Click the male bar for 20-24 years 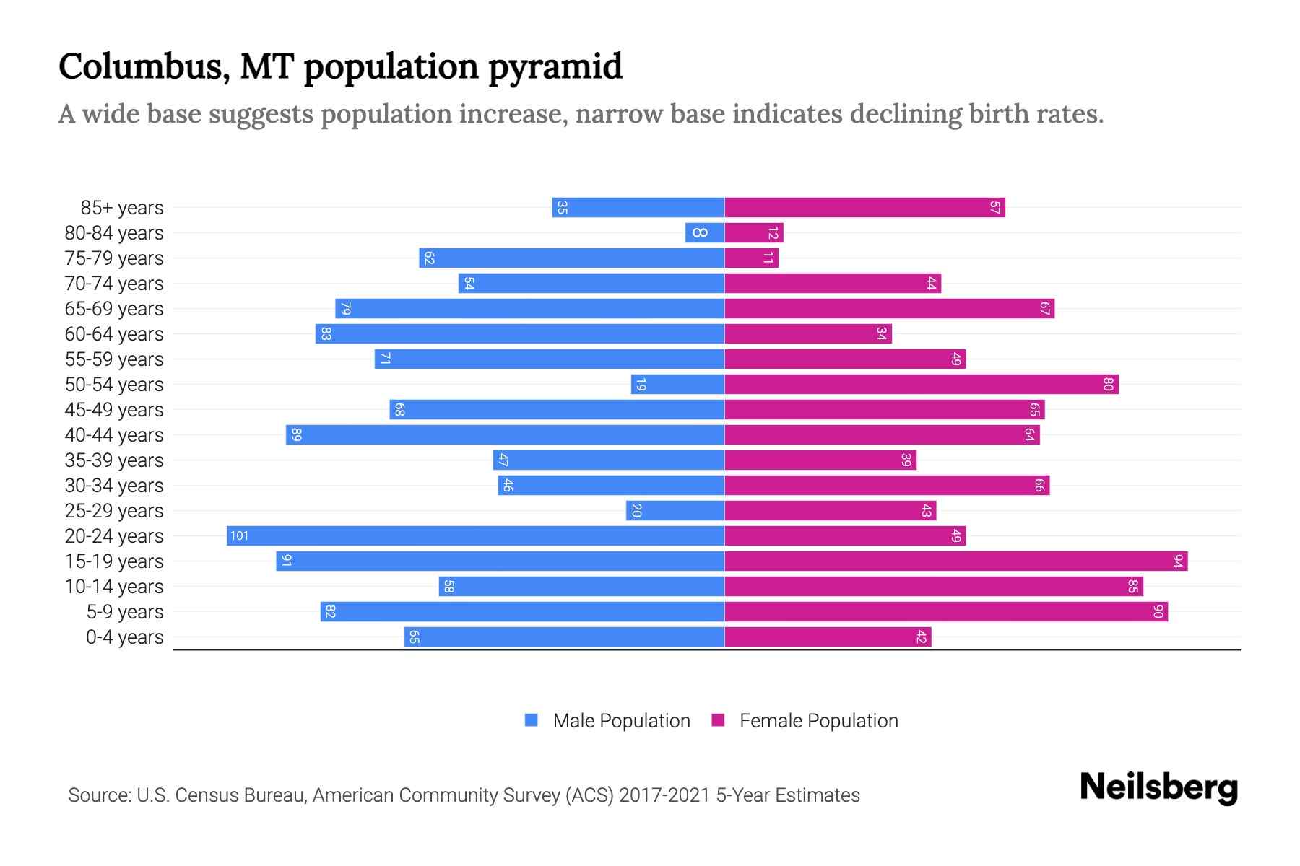[x=475, y=535]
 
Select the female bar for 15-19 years [x=955, y=561]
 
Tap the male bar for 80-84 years [x=705, y=232]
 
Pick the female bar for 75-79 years [x=751, y=258]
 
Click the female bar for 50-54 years [x=921, y=384]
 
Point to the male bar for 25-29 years [x=675, y=510]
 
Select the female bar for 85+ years [x=864, y=207]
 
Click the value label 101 [x=239, y=535]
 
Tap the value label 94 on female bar [x=1178, y=561]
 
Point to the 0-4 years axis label [x=124, y=637]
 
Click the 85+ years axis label [x=121, y=208]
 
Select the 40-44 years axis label [x=114, y=435]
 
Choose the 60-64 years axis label [x=114, y=334]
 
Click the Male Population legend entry [x=621, y=720]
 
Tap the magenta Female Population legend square [x=718, y=720]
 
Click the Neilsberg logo [x=1158, y=787]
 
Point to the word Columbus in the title [x=144, y=66]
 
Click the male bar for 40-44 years [x=505, y=434]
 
